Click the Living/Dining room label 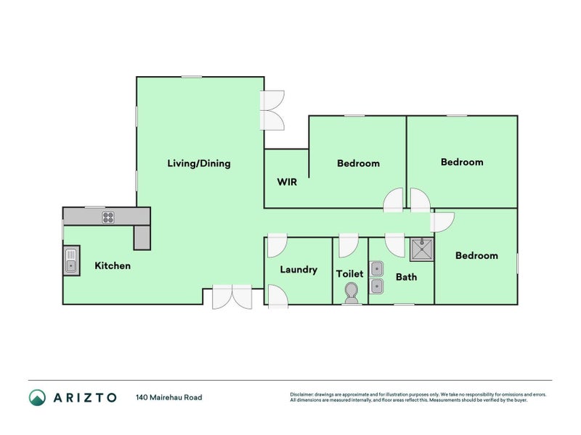tap(198, 163)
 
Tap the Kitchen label tap(113, 266)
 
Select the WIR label tap(287, 182)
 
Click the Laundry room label tap(298, 270)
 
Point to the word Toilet tap(349, 274)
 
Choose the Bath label tap(406, 277)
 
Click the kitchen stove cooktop tap(108, 216)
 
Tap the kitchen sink tap(70, 260)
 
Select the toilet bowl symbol tap(351, 292)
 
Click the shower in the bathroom tap(421, 249)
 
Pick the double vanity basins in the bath tap(377, 278)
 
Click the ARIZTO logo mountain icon tap(37, 397)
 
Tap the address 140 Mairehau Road tap(168, 397)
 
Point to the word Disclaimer tap(303, 394)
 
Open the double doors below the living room tap(232, 297)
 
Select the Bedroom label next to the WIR tap(358, 163)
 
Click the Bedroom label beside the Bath tap(476, 256)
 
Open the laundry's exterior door tap(277, 296)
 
